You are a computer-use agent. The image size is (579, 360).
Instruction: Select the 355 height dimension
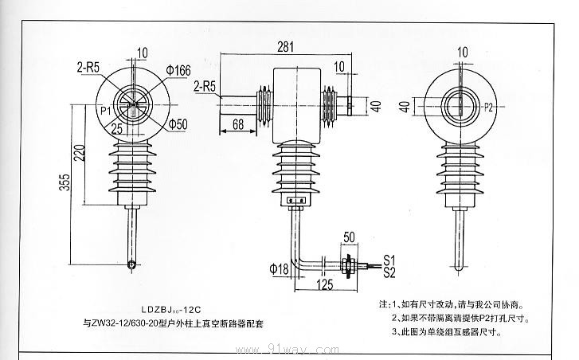64,184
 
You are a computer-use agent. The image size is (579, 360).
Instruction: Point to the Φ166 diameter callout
178,71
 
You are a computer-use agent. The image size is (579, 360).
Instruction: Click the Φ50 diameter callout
178,124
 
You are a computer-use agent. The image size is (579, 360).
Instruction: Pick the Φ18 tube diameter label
279,268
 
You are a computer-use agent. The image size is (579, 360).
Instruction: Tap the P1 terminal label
105,110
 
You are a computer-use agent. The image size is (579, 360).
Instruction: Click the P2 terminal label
489,106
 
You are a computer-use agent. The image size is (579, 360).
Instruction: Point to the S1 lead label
390,260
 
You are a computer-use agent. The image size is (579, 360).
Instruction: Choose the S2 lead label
390,273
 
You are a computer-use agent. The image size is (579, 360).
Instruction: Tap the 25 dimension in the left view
116,127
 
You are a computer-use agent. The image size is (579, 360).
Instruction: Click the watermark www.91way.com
289,348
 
